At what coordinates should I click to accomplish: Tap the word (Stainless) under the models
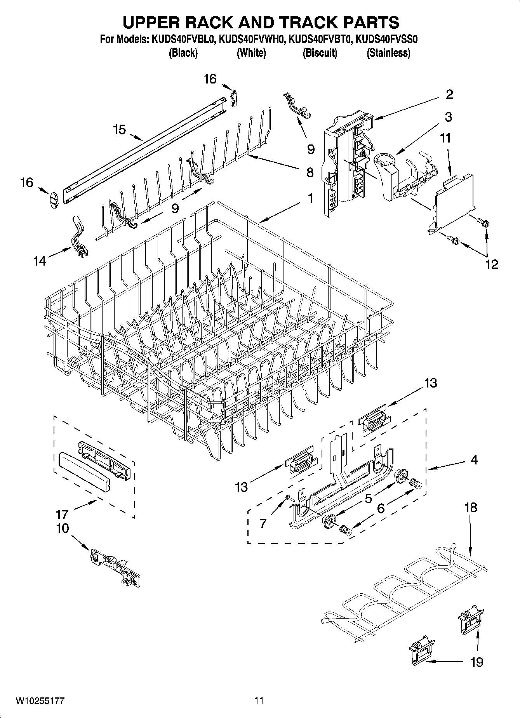388,53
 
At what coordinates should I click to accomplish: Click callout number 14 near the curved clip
39,261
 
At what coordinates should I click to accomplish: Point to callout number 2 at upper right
449,94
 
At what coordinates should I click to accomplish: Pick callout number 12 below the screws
491,264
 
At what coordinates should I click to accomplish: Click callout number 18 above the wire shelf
470,508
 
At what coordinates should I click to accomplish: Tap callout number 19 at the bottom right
477,661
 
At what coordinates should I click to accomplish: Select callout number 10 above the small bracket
63,528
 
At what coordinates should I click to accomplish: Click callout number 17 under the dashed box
63,515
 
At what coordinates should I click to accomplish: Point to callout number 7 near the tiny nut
263,523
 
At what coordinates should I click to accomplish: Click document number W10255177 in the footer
40,701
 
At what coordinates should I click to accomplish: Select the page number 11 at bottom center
259,700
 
